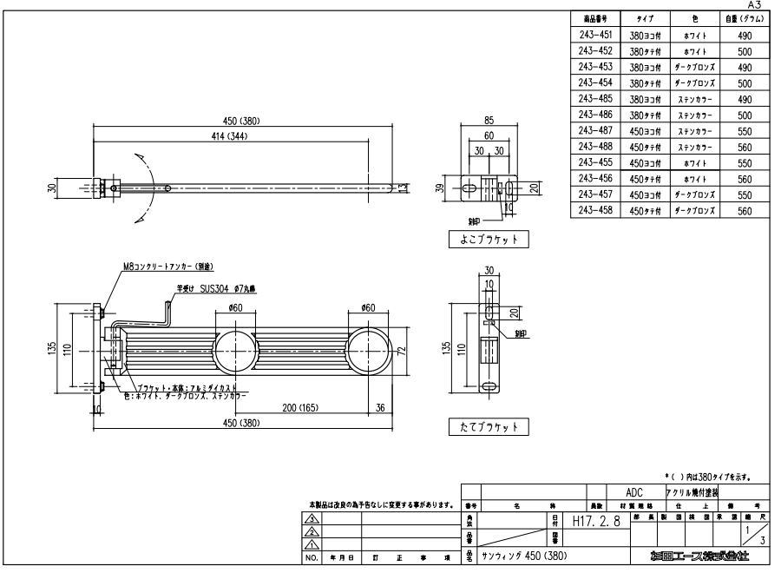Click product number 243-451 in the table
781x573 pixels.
pyautogui.click(x=595, y=36)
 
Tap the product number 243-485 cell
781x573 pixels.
pyautogui.click(x=595, y=99)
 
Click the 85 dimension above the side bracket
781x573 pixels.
pyautogui.click(x=489, y=122)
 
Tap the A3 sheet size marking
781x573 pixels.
pyautogui.click(x=766, y=5)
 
